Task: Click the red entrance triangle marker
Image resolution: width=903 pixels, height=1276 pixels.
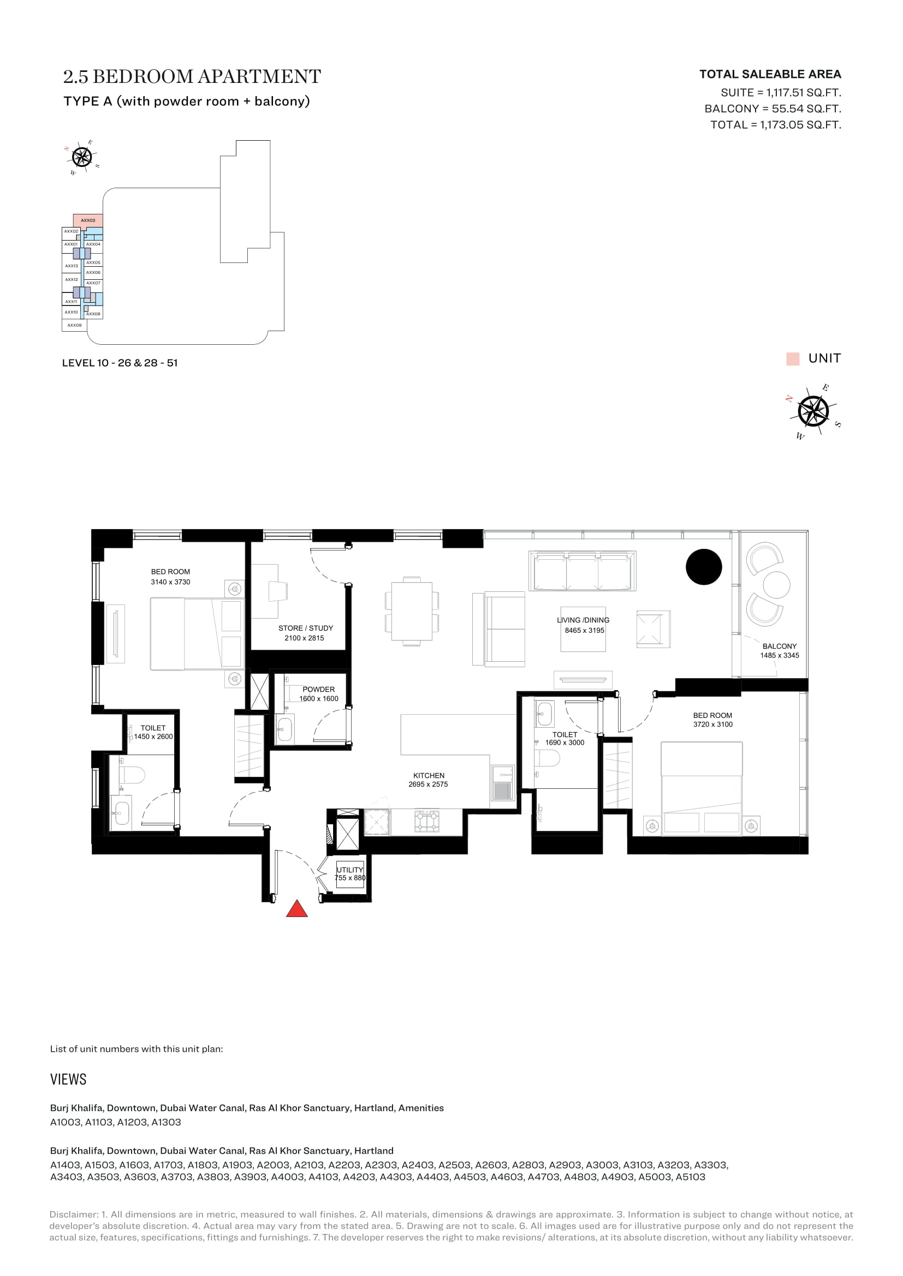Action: pyautogui.click(x=297, y=909)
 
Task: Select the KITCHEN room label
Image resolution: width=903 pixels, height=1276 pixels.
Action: pyautogui.click(x=429, y=775)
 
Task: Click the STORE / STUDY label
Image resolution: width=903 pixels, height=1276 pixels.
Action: pyautogui.click(x=306, y=628)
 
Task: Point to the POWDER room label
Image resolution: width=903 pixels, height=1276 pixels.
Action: pyautogui.click(x=319, y=689)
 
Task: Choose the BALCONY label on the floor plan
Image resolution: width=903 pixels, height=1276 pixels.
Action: pyautogui.click(x=780, y=646)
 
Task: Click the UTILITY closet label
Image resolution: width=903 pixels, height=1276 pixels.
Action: pyautogui.click(x=350, y=870)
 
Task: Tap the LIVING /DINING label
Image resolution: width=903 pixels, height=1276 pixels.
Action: pyautogui.click(x=583, y=620)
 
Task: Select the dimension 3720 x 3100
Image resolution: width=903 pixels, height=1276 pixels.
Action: pyautogui.click(x=713, y=724)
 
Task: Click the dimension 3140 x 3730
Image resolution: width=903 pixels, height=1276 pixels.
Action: pyautogui.click(x=170, y=582)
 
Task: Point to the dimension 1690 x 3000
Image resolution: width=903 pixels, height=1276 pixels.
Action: pyautogui.click(x=565, y=742)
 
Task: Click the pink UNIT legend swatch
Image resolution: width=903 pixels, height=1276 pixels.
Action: pyautogui.click(x=793, y=358)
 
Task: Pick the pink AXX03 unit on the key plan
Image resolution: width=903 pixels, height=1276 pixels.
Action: pyautogui.click(x=88, y=220)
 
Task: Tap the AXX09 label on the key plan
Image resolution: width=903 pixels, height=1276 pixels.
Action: pyautogui.click(x=74, y=325)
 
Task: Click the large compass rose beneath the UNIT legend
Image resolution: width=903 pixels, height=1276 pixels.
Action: pyautogui.click(x=813, y=412)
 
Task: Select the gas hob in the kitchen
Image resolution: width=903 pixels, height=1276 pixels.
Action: pyautogui.click(x=426, y=822)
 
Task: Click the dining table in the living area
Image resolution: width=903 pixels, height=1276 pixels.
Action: pyautogui.click(x=412, y=612)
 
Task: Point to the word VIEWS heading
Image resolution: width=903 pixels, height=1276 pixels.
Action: pyautogui.click(x=68, y=1079)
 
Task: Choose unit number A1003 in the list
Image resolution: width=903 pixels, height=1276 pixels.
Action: pyautogui.click(x=66, y=1122)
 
